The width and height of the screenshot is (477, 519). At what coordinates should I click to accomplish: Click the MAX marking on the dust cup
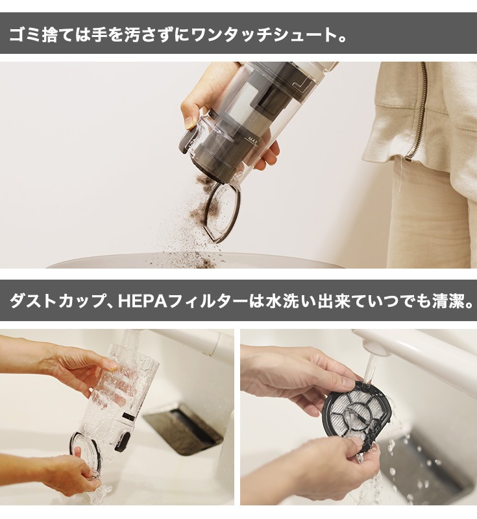tap(253, 138)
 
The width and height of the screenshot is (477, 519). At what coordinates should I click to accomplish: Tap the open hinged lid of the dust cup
tap(223, 212)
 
